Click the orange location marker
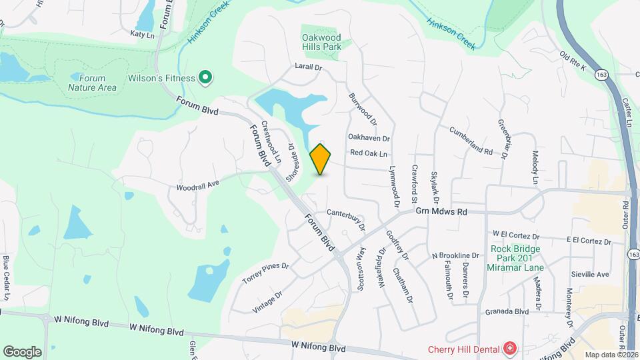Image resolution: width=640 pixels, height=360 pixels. tap(321, 159)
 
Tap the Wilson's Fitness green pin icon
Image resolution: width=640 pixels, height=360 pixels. tap(206, 79)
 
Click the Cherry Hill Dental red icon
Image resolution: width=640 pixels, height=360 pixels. tap(510, 348)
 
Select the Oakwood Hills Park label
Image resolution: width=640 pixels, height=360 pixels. tap(321, 42)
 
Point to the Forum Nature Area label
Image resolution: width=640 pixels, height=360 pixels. tap(92, 82)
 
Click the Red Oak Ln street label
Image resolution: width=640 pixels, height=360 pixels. tap(369, 153)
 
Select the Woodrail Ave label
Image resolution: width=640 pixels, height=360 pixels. tap(198, 183)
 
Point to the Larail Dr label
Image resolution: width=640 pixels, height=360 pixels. tap(309, 67)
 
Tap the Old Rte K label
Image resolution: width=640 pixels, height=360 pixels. tap(573, 61)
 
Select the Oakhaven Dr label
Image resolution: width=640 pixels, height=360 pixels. tap(369, 137)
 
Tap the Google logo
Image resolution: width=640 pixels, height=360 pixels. tap(22, 351)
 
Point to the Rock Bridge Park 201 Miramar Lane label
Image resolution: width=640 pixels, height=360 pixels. tap(517, 259)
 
